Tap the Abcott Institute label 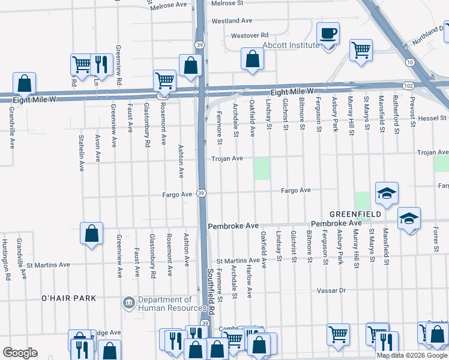point(291,45)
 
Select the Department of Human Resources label point(164,304)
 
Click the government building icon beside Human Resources point(129,304)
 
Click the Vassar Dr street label point(332,290)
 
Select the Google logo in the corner point(19,353)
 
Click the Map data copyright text point(412,355)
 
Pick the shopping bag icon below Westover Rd point(253,58)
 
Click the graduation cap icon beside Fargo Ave point(387,193)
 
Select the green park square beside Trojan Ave point(262,169)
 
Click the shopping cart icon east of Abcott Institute point(361,50)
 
